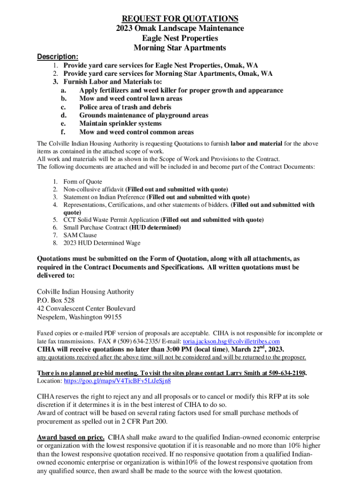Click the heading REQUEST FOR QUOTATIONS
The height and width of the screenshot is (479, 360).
click(180, 19)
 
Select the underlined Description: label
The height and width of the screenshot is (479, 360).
click(58, 57)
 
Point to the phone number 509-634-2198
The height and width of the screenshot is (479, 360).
click(284, 373)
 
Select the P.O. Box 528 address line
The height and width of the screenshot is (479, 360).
click(56, 300)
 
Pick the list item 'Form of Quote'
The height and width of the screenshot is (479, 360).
click(83, 181)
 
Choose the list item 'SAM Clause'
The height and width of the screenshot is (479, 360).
click(80, 235)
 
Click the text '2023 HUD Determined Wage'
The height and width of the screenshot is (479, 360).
click(102, 243)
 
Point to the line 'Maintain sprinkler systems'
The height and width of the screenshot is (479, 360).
click(121, 123)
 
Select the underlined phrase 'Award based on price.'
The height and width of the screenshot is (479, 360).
click(71, 437)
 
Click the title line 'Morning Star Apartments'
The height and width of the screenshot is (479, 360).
click(180, 48)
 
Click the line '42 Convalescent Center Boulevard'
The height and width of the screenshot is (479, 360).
click(86, 309)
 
